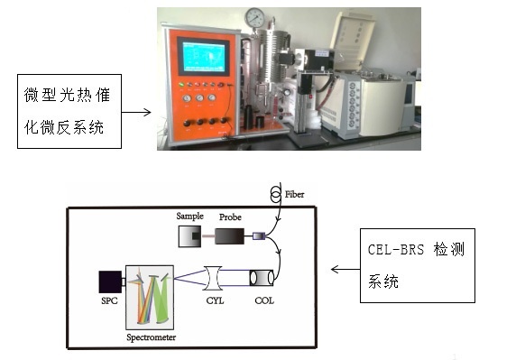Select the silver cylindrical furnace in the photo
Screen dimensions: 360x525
(267, 62)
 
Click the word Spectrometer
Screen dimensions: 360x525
(150, 337)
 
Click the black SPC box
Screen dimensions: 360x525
(111, 281)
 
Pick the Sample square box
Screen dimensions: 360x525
(190, 236)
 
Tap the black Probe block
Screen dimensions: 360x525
(231, 236)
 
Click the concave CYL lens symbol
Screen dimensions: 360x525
(217, 277)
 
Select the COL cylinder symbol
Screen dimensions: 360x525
(263, 277)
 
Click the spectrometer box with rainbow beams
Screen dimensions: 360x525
(150, 296)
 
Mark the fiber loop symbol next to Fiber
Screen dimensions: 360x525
(275, 194)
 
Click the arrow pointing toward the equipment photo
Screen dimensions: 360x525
(134, 113)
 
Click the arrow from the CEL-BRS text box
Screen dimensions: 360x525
(345, 268)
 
